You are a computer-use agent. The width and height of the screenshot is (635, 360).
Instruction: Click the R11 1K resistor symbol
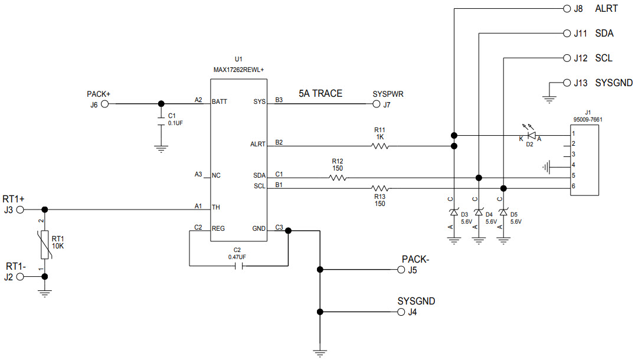379,146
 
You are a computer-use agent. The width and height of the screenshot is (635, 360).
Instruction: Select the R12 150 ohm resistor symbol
338,177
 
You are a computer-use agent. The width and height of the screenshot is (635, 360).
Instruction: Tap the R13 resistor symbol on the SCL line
379,188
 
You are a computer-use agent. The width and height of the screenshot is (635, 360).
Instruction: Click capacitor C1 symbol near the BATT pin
161,120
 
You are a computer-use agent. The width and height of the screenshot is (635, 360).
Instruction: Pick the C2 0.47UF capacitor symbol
238,266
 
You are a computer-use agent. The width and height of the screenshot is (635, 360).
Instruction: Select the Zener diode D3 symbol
454,212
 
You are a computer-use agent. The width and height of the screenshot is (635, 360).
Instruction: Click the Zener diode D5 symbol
503,212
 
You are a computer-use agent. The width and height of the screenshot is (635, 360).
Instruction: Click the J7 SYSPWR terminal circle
377,104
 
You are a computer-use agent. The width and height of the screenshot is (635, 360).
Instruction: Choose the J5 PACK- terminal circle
402,270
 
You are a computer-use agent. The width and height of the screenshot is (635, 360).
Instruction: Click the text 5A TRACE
320,93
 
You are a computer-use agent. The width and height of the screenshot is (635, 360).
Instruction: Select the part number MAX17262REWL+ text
238,70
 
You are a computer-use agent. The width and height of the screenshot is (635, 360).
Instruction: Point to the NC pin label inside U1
217,175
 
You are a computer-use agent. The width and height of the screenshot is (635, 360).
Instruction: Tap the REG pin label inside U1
219,228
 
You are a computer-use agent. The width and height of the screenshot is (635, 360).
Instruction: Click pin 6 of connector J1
572,187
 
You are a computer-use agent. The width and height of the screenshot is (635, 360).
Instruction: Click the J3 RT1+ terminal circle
21,210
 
